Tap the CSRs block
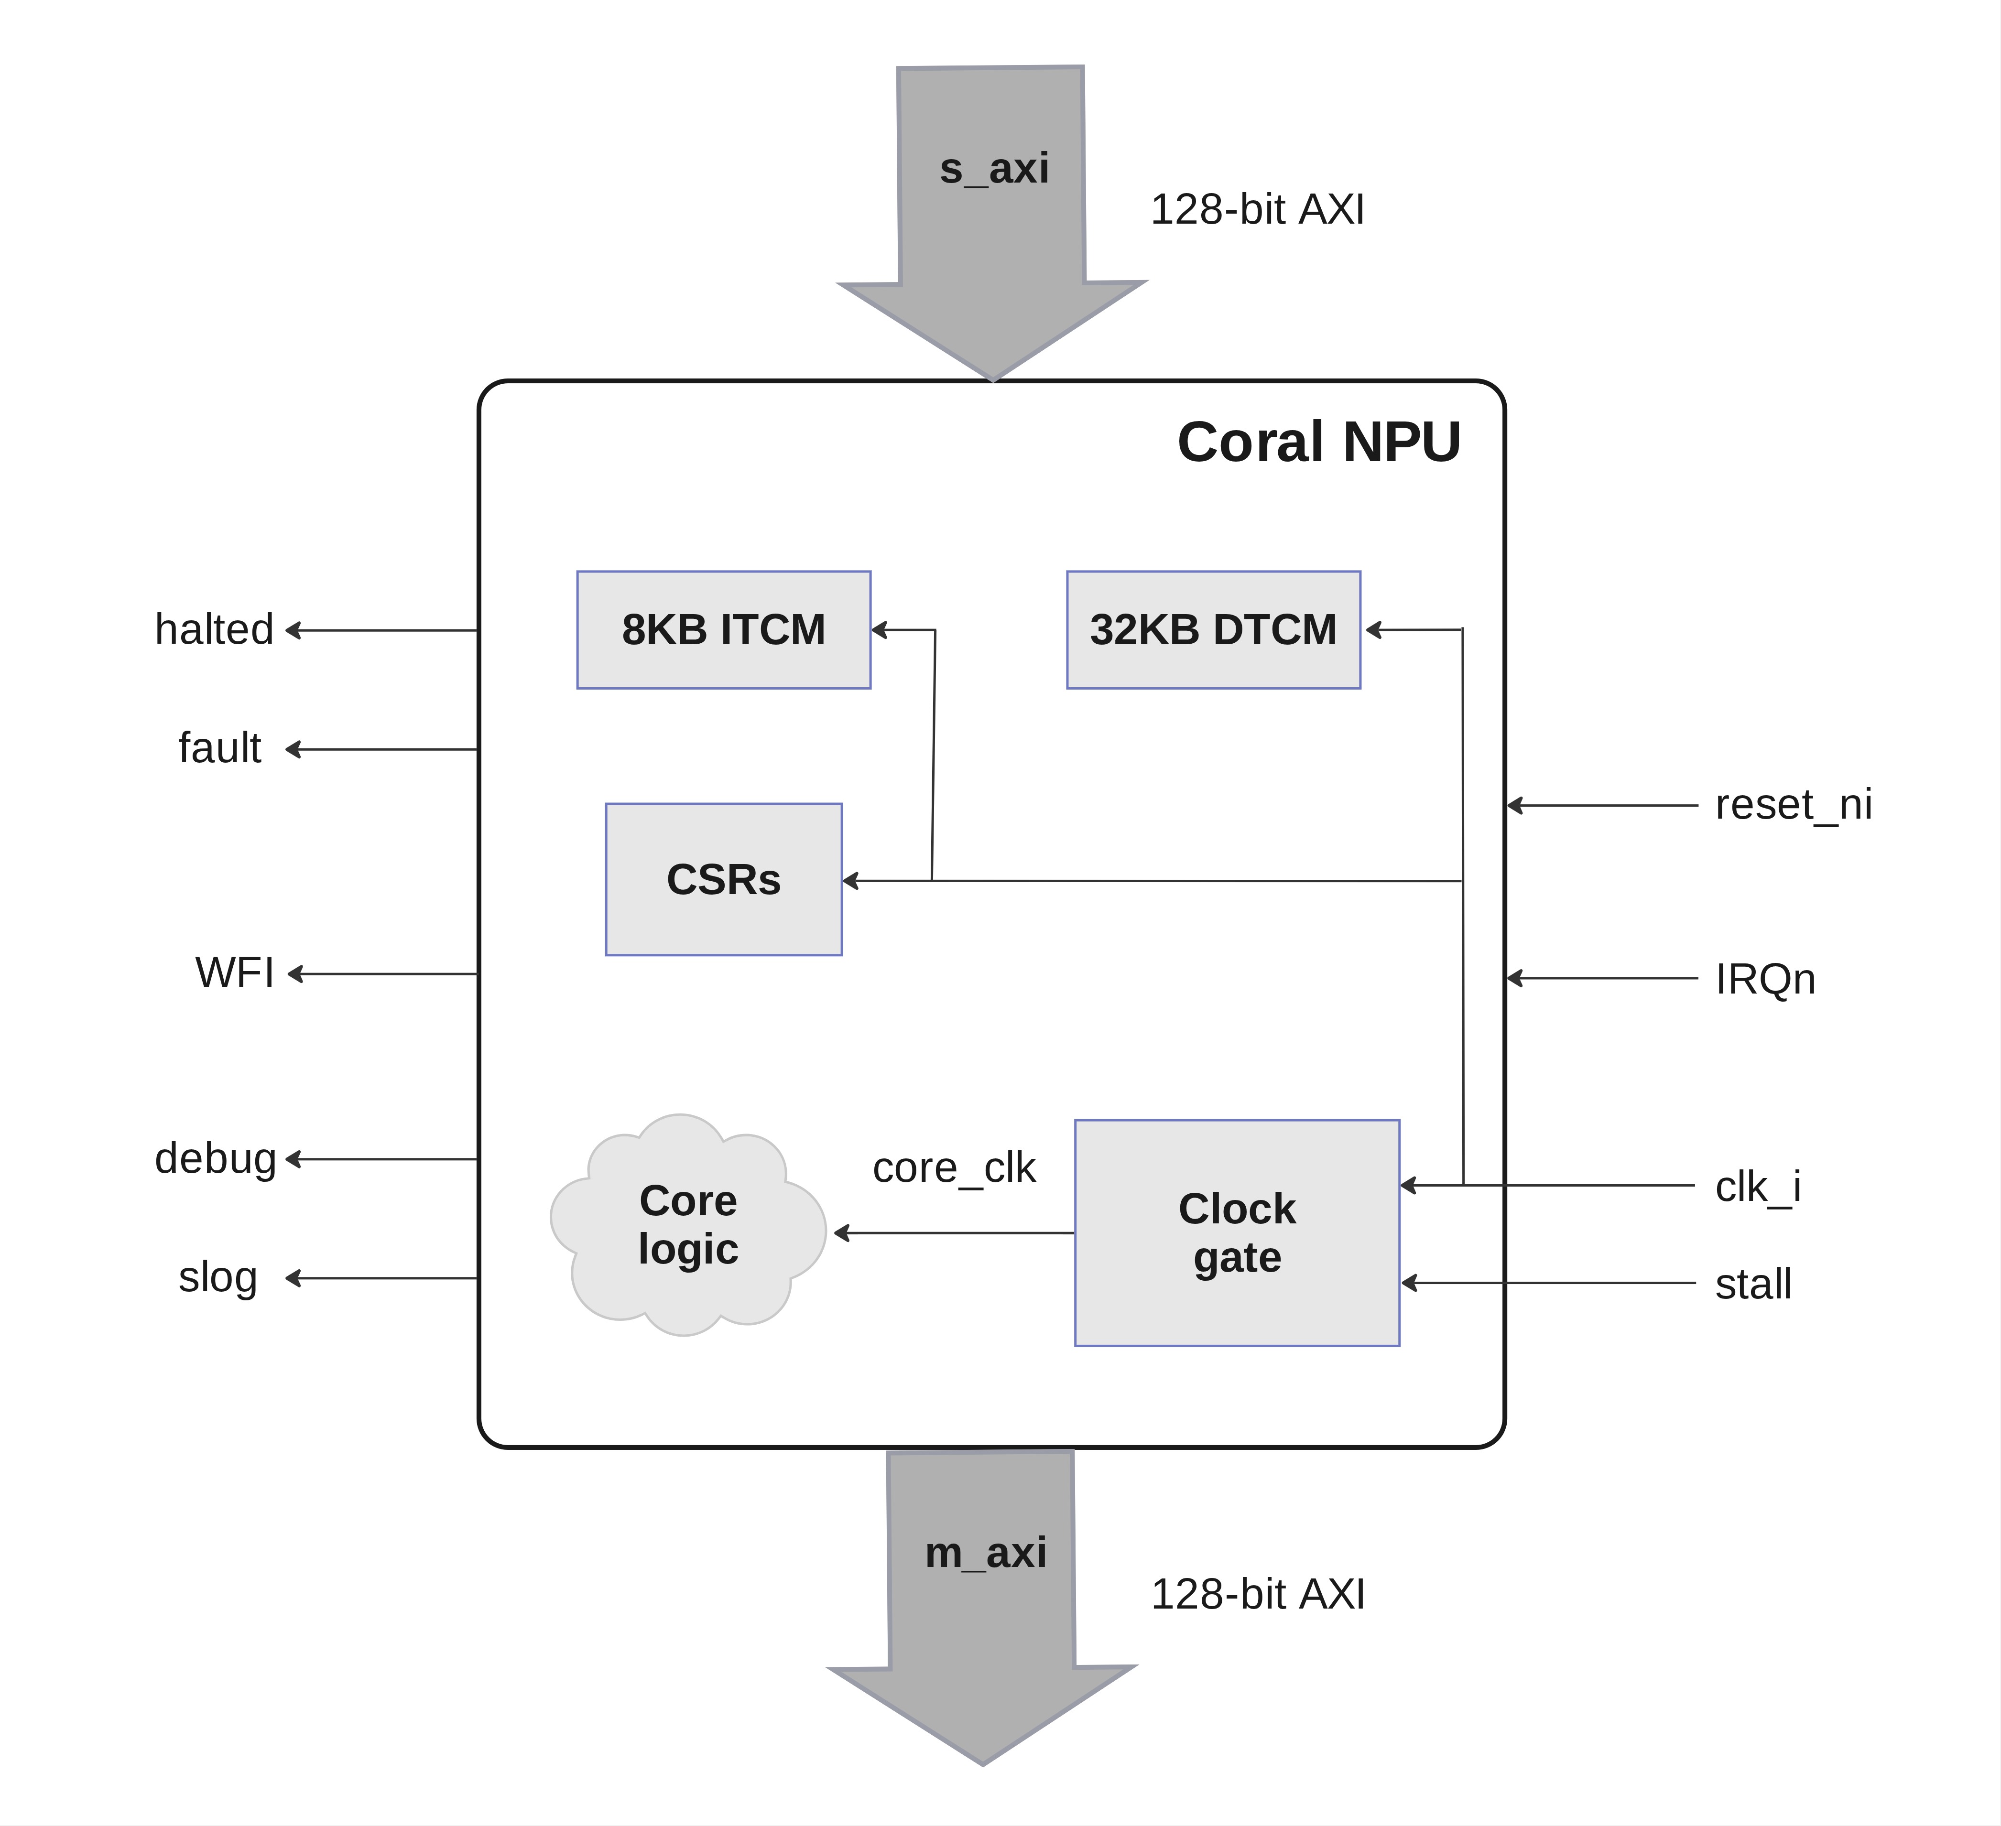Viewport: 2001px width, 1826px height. click(724, 879)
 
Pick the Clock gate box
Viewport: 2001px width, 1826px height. click(1237, 1232)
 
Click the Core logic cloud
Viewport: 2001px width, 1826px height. click(688, 1225)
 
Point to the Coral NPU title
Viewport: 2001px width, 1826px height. click(1318, 442)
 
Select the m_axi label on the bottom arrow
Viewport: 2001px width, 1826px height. click(986, 1552)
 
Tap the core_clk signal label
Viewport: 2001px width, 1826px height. click(954, 1168)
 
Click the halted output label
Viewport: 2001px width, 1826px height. click(214, 629)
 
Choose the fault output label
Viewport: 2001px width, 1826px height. click(219, 747)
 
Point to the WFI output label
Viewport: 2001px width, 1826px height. click(234, 972)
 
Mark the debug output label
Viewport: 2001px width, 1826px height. click(216, 1158)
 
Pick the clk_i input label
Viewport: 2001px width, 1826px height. click(1758, 1186)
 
